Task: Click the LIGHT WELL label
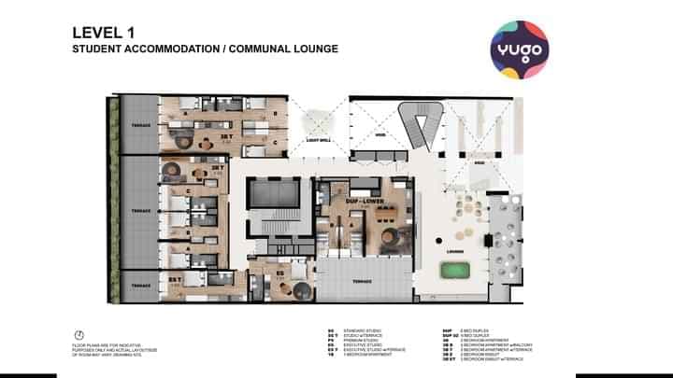pyautogui.click(x=319, y=144)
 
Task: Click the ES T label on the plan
pyautogui.click(x=176, y=278)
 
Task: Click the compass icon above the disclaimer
pyautogui.click(x=79, y=334)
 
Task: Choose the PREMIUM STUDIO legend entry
pyautogui.click(x=351, y=340)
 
